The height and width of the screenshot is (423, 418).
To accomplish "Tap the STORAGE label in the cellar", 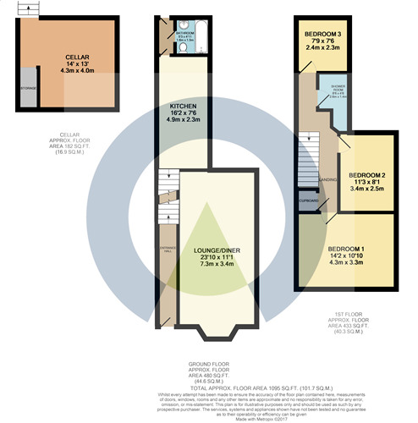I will (27, 87).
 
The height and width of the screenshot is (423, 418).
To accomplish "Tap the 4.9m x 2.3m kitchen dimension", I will (179, 120).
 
